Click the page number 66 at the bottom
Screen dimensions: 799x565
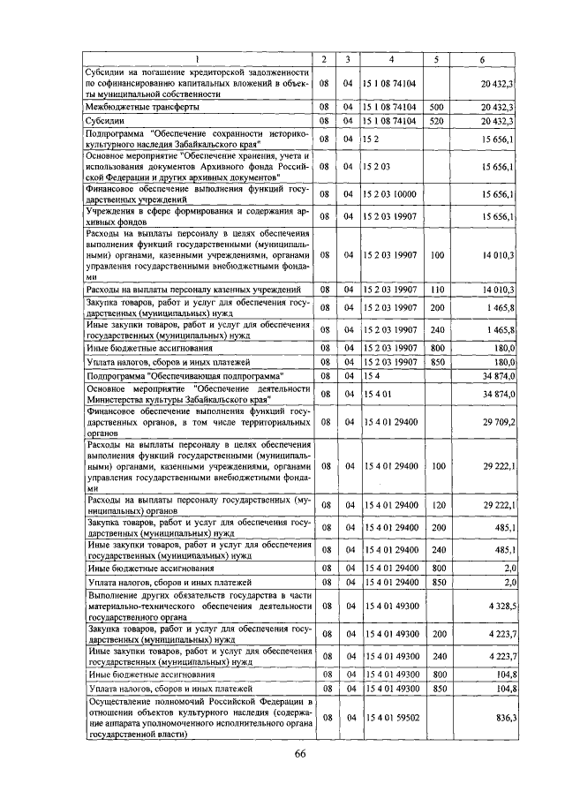point(299,753)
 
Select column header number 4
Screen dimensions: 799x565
point(391,59)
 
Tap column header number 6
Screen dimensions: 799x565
point(482,59)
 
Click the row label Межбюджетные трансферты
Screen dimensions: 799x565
point(141,107)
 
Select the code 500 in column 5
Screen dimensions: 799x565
point(436,107)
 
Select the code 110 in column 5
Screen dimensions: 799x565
point(436,290)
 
